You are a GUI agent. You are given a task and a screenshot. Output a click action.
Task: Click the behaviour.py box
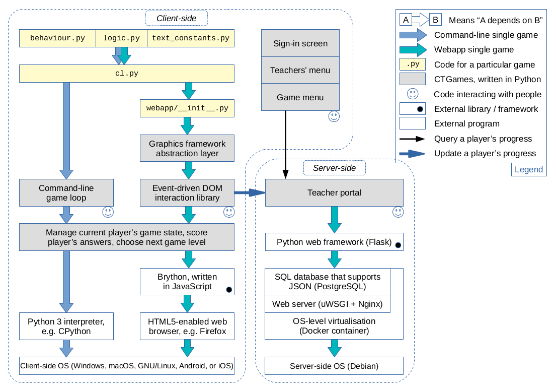click(x=57, y=38)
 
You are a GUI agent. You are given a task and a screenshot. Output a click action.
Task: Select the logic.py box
click(x=121, y=38)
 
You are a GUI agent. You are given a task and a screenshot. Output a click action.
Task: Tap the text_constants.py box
click(x=190, y=38)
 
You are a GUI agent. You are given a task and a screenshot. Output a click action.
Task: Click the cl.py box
click(x=127, y=74)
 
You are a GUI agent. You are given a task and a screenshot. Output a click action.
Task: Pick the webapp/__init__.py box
click(x=187, y=108)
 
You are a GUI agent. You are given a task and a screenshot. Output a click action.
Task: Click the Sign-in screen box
click(x=300, y=43)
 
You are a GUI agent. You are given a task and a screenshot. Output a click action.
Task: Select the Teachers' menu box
click(x=300, y=71)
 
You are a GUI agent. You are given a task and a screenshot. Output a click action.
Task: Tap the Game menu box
click(x=300, y=97)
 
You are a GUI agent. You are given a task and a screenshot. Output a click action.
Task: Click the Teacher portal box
click(x=334, y=193)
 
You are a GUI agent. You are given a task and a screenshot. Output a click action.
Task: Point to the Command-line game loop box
click(x=66, y=193)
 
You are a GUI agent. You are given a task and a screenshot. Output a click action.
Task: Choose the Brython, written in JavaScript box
click(x=187, y=282)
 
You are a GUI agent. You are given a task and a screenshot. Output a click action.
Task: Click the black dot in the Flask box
click(x=398, y=245)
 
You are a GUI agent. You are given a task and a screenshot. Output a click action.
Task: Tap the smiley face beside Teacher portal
click(x=398, y=212)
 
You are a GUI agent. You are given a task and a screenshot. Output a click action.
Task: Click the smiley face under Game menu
click(x=334, y=116)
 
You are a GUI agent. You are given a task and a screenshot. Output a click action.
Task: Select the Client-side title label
click(x=177, y=19)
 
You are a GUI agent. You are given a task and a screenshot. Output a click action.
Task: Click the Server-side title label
click(x=335, y=168)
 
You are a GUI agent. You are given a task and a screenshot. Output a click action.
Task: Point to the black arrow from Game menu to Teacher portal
click(x=285, y=145)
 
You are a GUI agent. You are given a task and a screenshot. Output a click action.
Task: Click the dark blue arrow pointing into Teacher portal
click(x=250, y=192)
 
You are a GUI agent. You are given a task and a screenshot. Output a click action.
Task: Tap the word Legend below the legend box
click(x=529, y=169)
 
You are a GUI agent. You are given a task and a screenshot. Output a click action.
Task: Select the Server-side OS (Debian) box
click(x=334, y=366)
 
